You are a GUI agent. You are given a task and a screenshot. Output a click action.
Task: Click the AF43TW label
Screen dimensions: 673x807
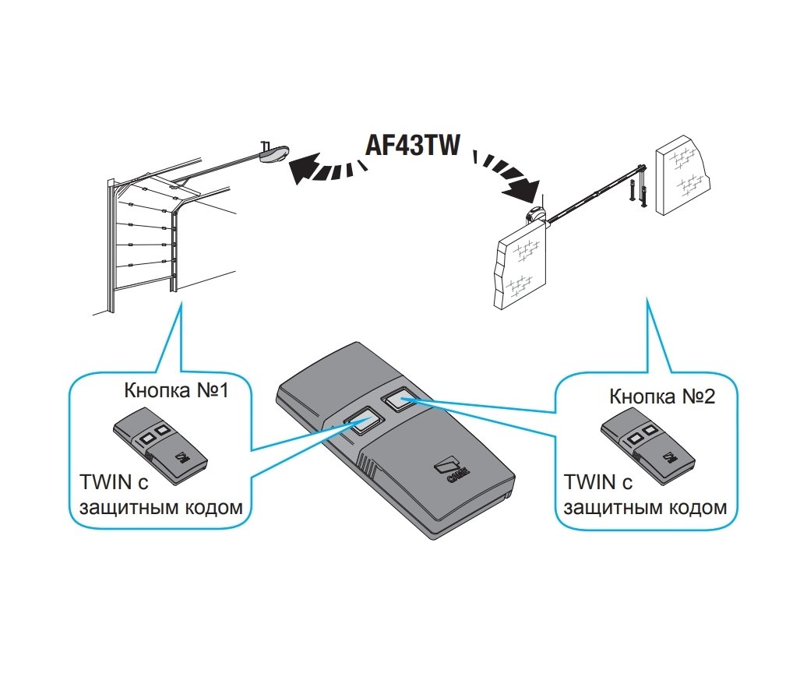tap(418, 146)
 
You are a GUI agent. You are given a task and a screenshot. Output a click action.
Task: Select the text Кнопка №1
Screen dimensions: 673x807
tap(176, 389)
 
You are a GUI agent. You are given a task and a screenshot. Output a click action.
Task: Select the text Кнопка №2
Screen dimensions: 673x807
tap(662, 397)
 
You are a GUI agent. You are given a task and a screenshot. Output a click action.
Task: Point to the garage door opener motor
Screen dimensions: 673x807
tap(274, 153)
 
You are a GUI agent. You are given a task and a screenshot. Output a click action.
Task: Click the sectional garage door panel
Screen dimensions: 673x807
tap(144, 241)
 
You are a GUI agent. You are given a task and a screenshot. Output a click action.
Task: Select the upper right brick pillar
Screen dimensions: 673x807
tap(683, 177)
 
